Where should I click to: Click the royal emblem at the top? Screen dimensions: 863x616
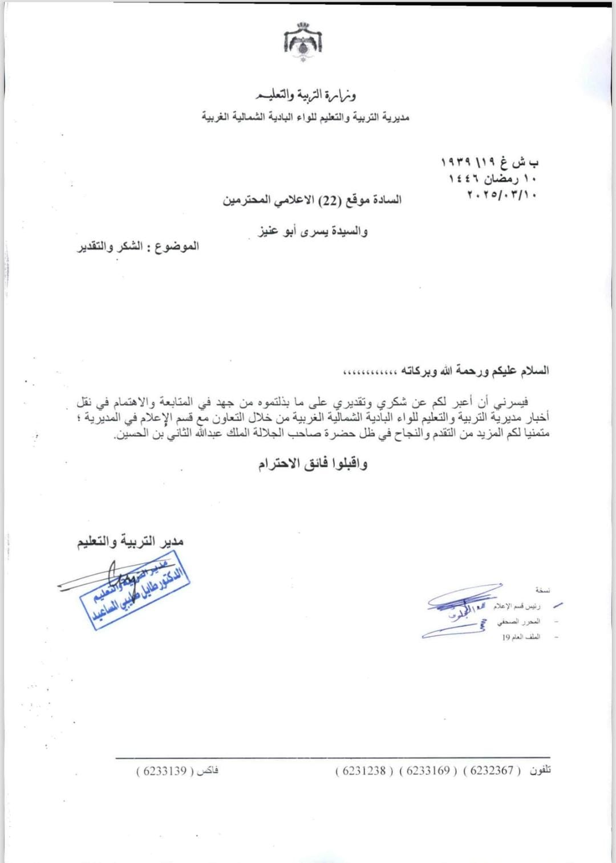tap(303, 41)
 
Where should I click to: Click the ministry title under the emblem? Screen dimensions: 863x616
tap(306, 94)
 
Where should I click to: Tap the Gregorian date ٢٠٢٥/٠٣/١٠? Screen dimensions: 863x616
tap(501, 194)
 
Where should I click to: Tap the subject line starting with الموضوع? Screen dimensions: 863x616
tap(139, 246)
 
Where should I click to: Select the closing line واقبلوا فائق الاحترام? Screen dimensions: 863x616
tap(313, 463)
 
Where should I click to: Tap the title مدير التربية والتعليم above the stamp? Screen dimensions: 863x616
tap(131, 541)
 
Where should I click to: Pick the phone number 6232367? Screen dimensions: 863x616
tap(492, 771)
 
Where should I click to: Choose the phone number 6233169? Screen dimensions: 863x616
tap(428, 771)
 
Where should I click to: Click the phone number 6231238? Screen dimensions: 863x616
tap(364, 771)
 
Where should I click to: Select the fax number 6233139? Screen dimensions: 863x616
tap(165, 771)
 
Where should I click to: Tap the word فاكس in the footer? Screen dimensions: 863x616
tap(208, 771)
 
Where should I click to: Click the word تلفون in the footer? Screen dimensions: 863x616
tap(540, 771)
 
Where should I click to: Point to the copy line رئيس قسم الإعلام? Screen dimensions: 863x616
tap(517, 605)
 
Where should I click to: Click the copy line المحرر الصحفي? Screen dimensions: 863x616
tap(518, 621)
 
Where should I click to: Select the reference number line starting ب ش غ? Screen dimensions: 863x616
tap(489, 162)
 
